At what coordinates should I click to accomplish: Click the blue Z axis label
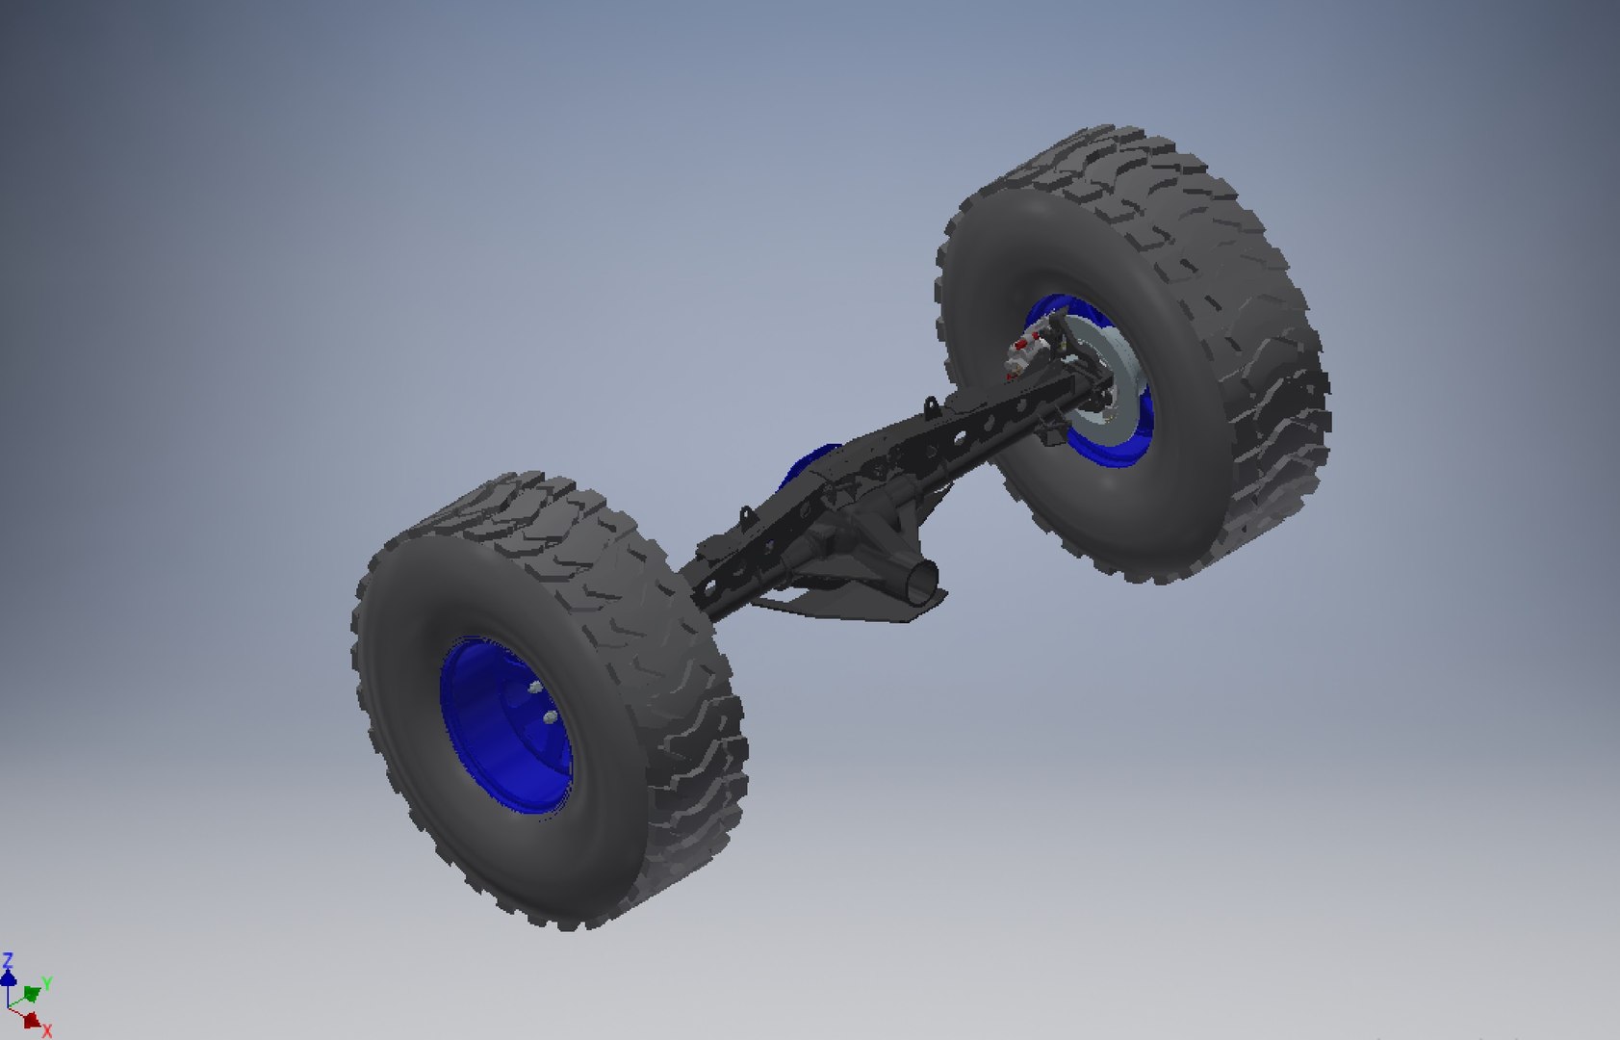tap(8, 960)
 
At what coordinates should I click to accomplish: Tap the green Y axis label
tap(46, 984)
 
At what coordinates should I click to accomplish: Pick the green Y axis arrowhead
tap(32, 993)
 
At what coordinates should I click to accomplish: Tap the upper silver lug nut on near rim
tap(534, 687)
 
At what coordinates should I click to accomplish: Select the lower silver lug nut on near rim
tap(548, 717)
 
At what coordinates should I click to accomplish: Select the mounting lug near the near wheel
tap(745, 516)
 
